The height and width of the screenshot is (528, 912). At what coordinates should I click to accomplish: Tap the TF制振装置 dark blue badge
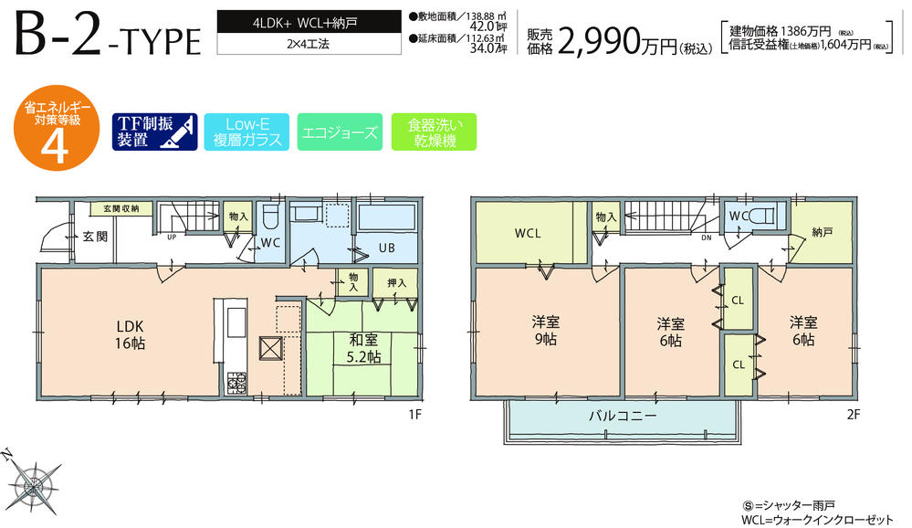click(x=153, y=132)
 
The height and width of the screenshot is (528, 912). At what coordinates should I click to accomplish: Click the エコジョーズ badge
click(x=337, y=132)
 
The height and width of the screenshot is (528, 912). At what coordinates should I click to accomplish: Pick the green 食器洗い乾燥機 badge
click(x=434, y=132)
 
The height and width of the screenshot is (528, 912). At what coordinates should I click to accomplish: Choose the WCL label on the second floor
click(x=529, y=234)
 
